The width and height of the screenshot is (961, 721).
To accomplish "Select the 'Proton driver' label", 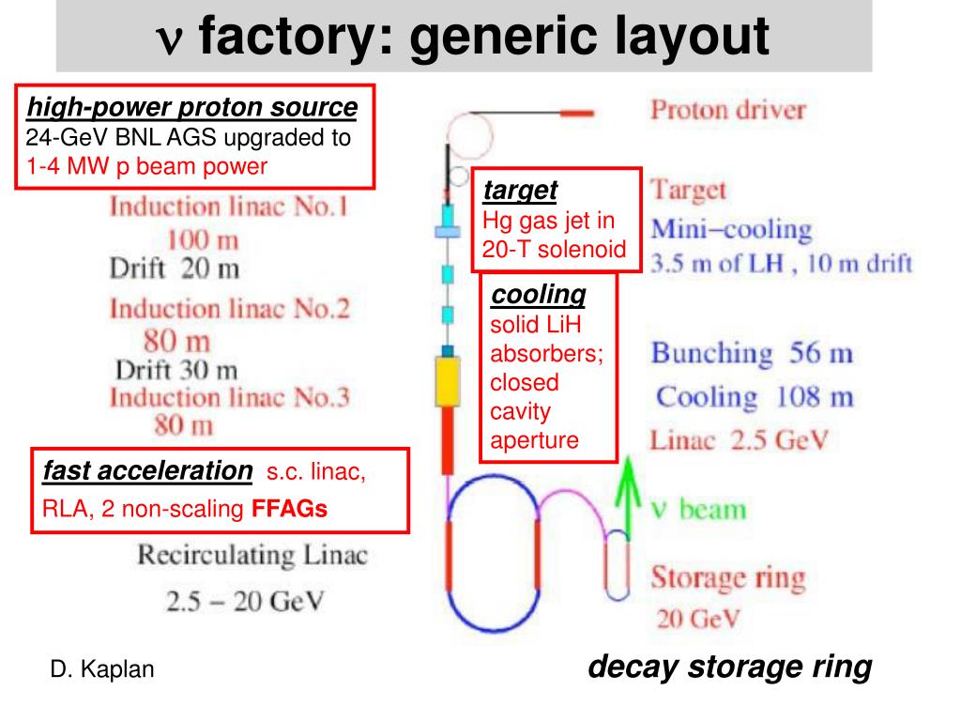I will [x=728, y=109].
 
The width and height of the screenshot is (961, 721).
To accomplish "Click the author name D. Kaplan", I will [x=101, y=669].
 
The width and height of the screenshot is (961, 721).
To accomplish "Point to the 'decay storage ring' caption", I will [x=729, y=667].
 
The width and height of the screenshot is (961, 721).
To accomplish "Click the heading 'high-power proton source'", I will [x=191, y=108].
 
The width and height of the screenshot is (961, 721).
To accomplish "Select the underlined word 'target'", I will [x=520, y=191].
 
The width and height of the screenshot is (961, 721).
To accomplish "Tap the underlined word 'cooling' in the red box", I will [x=538, y=295].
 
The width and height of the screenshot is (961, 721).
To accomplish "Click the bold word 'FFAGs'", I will [x=289, y=510].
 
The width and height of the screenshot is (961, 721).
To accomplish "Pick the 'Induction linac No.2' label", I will [x=229, y=308].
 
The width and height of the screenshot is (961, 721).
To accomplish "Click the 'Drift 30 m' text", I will [x=175, y=369].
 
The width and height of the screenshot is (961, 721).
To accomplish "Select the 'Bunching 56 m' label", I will [x=752, y=354].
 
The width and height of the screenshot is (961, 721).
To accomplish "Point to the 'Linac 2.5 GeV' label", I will [x=740, y=440].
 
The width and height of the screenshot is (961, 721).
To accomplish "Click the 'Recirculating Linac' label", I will [x=252, y=555].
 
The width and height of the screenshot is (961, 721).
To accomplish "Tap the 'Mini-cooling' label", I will [x=731, y=229].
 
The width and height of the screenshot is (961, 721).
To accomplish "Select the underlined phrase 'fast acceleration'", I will [x=147, y=470].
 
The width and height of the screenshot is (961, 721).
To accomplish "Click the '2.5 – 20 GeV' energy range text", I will [x=244, y=601].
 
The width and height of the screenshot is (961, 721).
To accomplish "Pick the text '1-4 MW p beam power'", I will [x=146, y=166].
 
